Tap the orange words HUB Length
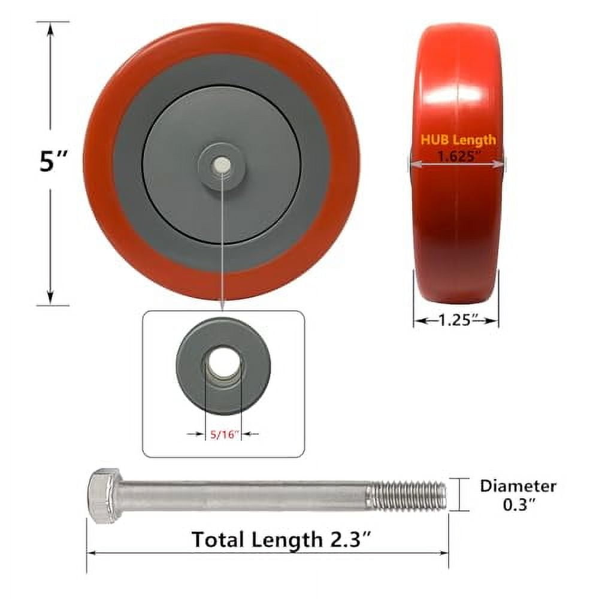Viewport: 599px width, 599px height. tap(458, 140)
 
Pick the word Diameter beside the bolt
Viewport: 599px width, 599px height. tap(518, 486)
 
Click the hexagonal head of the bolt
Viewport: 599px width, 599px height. tap(103, 496)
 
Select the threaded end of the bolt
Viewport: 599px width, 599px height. tap(408, 496)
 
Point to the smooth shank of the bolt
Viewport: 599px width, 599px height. tap(240, 496)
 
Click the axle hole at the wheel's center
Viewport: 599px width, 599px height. tap(222, 163)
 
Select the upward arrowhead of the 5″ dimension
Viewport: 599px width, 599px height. tap(50, 27)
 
